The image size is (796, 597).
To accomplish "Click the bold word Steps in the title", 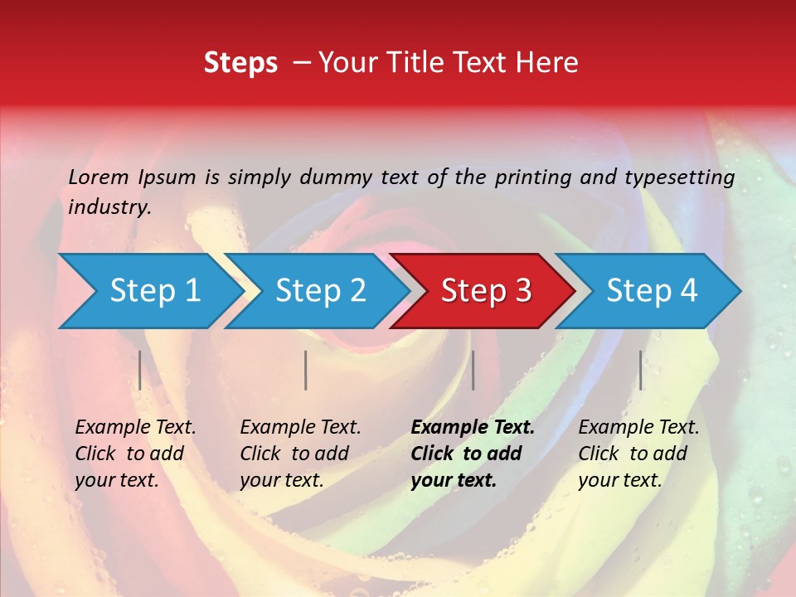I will pos(240,63).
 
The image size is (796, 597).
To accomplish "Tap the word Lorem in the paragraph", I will pos(99,177).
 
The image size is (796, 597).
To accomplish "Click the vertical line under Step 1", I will pos(140,370).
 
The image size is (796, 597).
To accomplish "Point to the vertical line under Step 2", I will pos(306,370).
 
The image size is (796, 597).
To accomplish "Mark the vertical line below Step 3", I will pos(473,370).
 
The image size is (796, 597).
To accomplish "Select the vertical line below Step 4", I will pos(640,370).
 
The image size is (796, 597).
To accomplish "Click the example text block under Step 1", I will pos(135,454).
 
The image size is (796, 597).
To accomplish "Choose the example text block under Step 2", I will pos(300,454).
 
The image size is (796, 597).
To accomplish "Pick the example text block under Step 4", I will pos(638,454).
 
